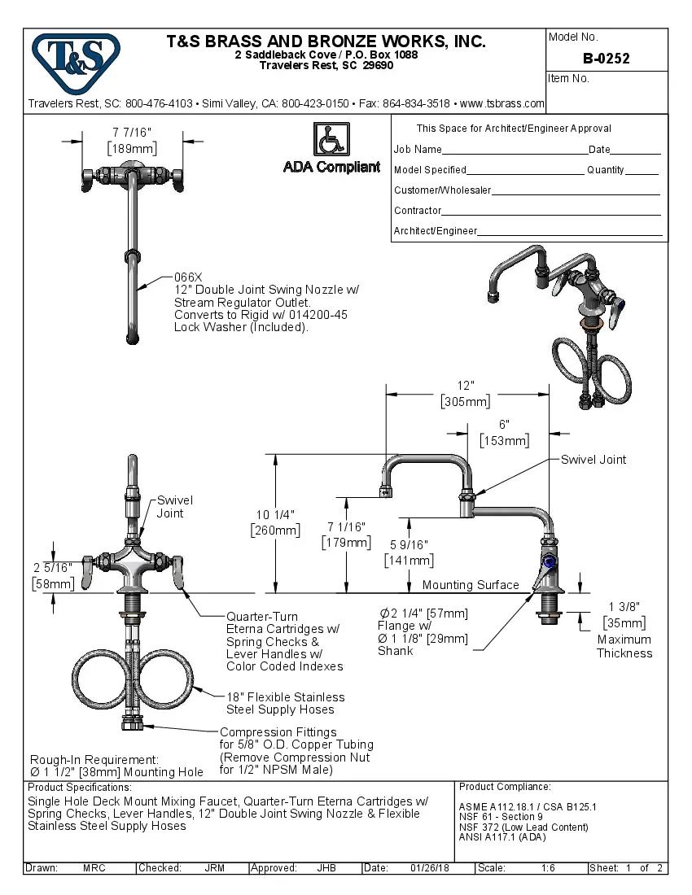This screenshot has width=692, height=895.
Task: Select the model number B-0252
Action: coord(606,59)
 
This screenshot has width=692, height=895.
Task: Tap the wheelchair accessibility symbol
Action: coord(331,139)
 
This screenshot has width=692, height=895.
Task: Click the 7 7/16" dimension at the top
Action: coord(132,132)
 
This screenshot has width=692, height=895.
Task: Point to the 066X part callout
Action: coord(188,277)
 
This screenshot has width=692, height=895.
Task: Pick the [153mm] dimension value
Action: coord(504,441)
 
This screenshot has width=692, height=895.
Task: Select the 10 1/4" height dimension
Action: coord(274,514)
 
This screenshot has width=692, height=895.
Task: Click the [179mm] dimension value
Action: coord(346,542)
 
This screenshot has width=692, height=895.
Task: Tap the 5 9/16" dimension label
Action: coord(409,544)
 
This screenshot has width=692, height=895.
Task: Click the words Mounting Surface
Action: coord(471,585)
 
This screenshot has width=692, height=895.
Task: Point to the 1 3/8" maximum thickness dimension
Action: coord(624,605)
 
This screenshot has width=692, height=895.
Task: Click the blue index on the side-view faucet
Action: coord(548,561)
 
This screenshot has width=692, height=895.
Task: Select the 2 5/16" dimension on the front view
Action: coord(52,567)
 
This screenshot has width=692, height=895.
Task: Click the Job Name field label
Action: coord(418,150)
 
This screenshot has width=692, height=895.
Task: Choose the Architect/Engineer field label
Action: coord(436,231)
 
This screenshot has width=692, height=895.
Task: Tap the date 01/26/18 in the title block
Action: coord(430,868)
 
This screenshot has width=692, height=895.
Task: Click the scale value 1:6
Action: coord(548,868)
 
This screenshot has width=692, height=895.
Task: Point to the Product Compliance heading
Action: coord(505,787)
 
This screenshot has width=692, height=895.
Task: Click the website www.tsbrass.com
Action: coord(502,104)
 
